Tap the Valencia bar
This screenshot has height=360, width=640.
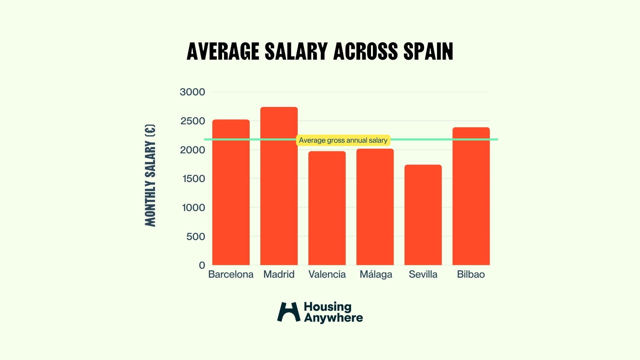point(327,208)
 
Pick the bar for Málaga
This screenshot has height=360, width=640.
point(375,207)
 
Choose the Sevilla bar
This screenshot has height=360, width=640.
point(423,215)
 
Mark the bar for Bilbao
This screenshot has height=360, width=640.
point(471,196)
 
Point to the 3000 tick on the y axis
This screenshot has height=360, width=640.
point(192,92)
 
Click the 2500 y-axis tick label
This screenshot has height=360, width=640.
point(193,121)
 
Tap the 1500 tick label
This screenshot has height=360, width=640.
point(194,179)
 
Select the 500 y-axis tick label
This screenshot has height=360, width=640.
point(196,237)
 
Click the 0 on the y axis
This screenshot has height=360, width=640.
point(202,265)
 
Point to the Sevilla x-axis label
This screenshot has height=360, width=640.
point(423,274)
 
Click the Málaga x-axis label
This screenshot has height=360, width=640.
point(376,275)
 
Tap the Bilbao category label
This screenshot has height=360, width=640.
point(471,274)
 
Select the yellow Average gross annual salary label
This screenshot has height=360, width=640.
point(343,140)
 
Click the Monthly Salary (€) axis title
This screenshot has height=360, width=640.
point(150,175)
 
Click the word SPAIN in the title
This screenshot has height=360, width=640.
point(428,52)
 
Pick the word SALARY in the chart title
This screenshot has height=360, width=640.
point(296,52)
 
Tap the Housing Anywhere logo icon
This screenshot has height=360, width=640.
point(289,312)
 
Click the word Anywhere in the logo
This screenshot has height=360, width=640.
point(333,318)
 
